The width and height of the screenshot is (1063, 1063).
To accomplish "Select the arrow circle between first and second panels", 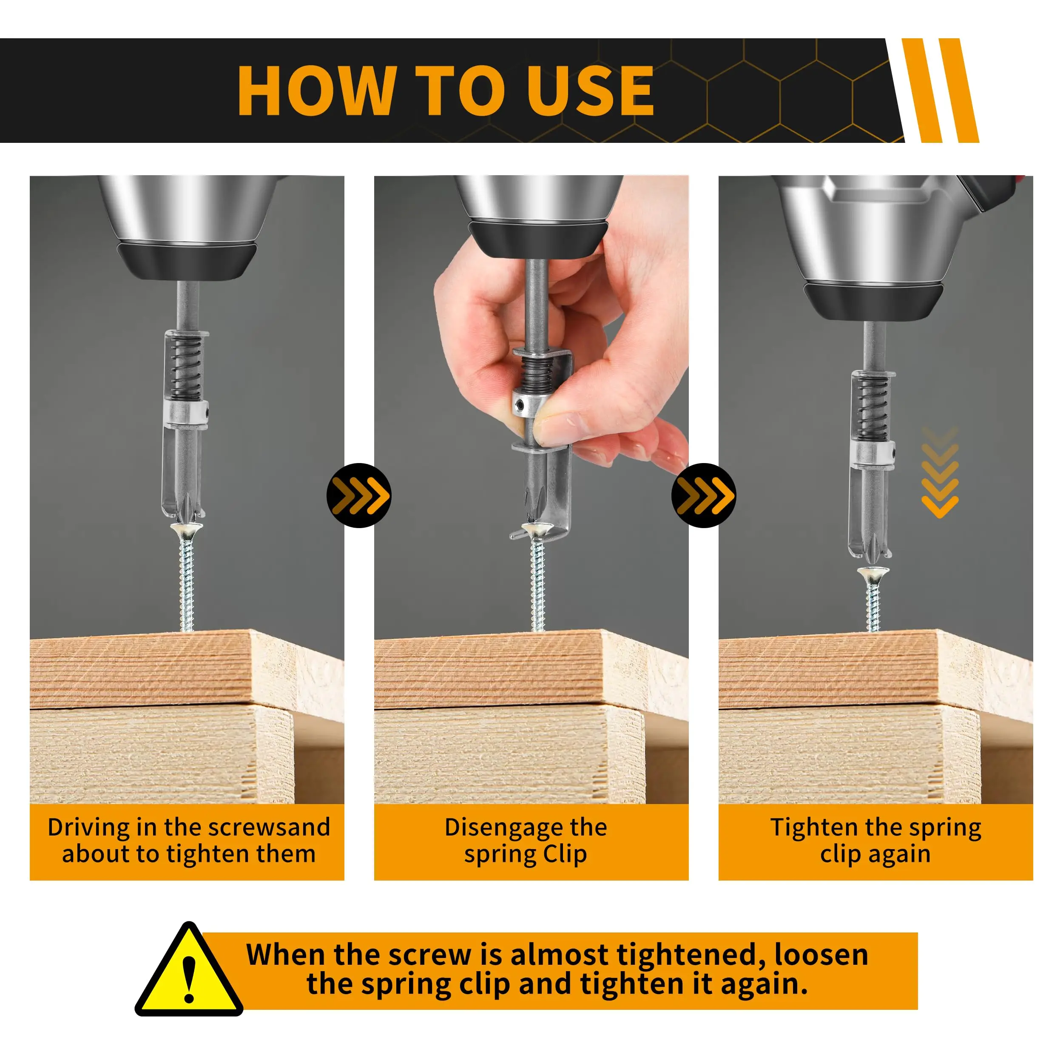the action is coord(359,495).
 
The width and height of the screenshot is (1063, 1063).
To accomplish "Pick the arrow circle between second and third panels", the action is coord(703,495).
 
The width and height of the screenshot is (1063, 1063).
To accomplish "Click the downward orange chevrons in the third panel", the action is coord(940,473).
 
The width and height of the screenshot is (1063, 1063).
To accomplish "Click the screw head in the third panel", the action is coord(873,574).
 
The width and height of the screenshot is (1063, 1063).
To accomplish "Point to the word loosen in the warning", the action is coord(821,955).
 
